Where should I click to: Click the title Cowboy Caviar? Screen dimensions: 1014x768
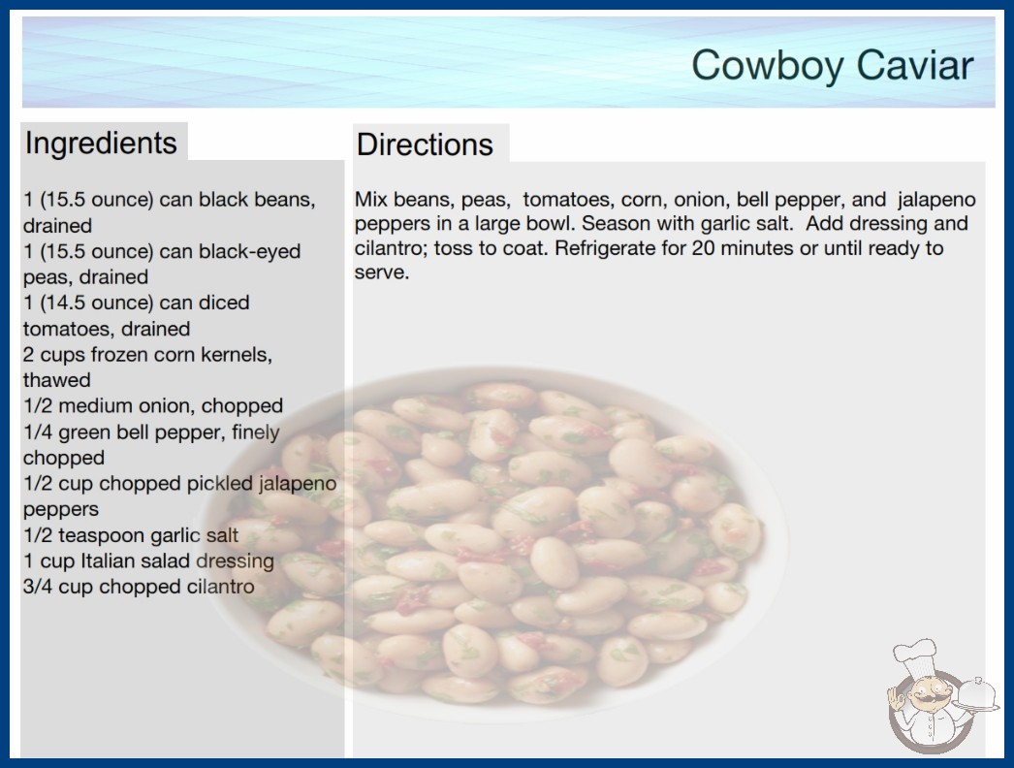(833, 65)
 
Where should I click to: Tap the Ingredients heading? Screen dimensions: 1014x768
(101, 143)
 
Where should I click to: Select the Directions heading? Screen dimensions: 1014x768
(425, 144)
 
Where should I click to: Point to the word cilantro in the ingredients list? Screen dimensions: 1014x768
(220, 587)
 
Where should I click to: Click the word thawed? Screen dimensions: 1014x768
(57, 380)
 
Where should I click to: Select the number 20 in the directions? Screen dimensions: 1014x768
(703, 248)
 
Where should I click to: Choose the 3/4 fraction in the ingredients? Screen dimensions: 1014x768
(38, 587)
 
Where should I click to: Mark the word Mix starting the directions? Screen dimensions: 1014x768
(371, 199)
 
